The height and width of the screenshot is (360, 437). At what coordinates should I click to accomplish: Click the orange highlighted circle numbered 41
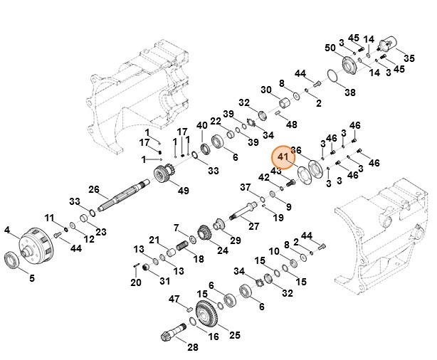point(283,157)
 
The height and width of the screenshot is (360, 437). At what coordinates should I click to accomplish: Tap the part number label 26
point(93,189)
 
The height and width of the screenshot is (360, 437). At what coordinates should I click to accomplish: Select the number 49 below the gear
point(184,190)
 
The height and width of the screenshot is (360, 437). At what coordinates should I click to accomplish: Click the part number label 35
point(409,57)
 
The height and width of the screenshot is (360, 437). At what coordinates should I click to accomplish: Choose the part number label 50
point(330,48)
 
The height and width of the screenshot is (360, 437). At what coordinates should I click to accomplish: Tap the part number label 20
point(136,282)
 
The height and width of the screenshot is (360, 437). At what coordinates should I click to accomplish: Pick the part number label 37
point(246,187)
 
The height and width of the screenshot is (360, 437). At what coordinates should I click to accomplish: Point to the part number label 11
point(49,218)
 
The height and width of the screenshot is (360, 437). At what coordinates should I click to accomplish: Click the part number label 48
point(291,125)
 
